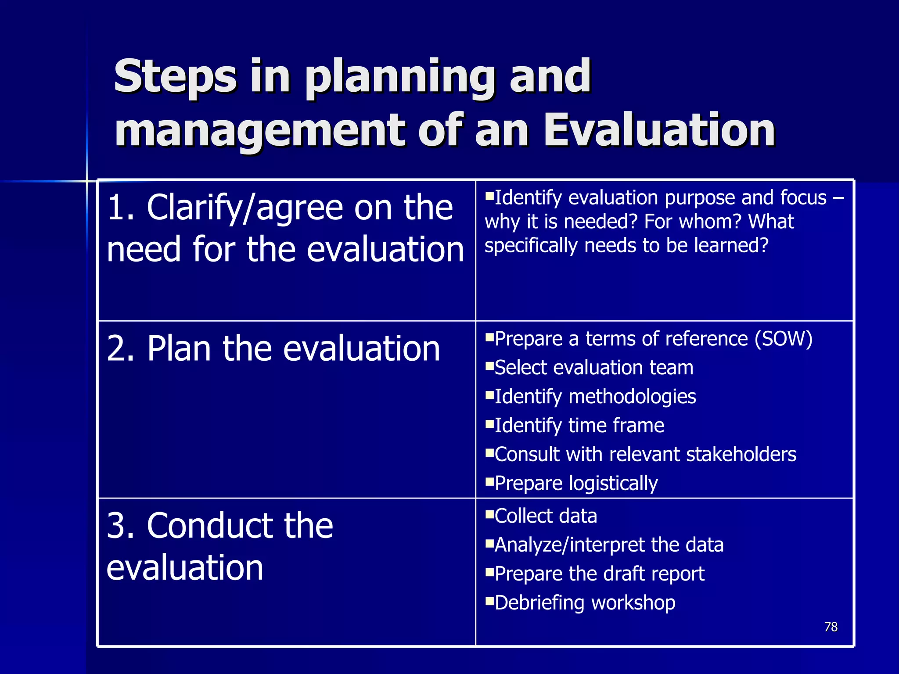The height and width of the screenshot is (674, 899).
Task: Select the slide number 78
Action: point(831,627)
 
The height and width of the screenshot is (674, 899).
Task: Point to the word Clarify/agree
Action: point(244,208)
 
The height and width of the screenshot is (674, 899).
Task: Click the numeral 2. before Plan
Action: point(121,349)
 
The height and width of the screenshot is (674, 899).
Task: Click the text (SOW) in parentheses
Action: point(784,339)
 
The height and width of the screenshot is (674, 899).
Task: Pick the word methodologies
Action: point(632,397)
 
